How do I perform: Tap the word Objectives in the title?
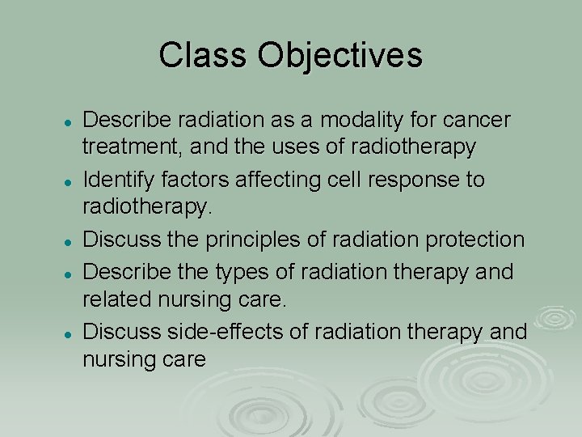[339, 56]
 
